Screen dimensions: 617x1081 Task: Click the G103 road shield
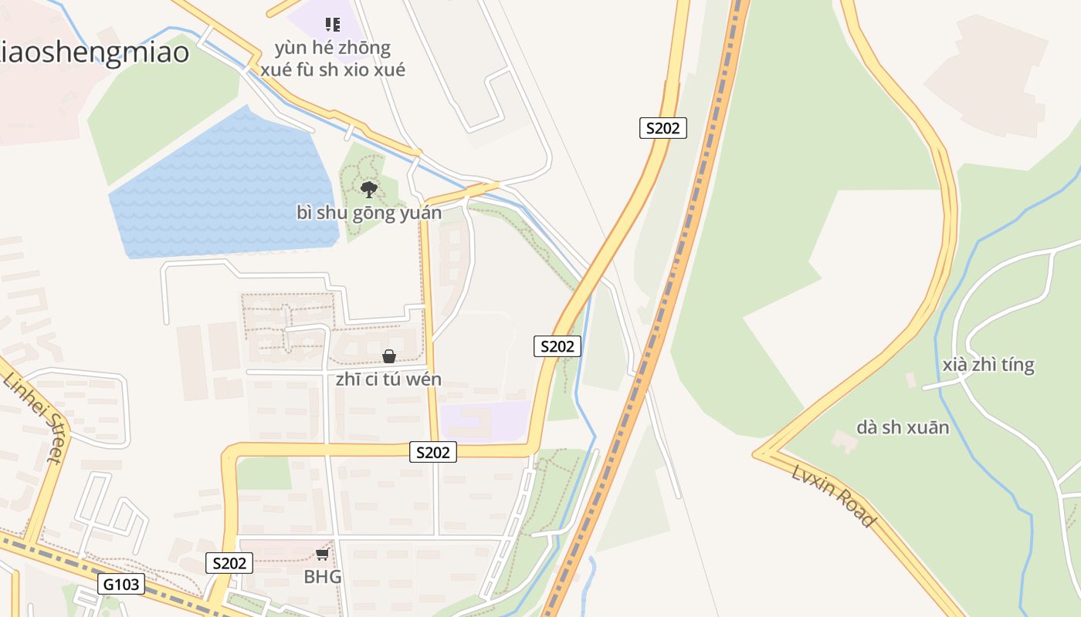[x=122, y=584]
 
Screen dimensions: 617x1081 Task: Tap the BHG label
[x=323, y=577]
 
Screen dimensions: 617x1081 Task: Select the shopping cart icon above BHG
[x=322, y=555]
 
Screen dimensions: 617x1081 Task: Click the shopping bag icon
[x=389, y=356]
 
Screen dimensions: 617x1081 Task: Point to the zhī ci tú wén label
[x=388, y=379]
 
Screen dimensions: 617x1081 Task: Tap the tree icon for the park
[x=369, y=189]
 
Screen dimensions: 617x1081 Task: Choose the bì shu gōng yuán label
[x=369, y=213]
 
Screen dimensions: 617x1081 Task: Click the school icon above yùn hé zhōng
[x=333, y=25]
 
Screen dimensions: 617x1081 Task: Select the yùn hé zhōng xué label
[x=332, y=59]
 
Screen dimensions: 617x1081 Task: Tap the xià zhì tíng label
[x=988, y=364]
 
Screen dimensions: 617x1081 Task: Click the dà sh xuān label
[x=902, y=427]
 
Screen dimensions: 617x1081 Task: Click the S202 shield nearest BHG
[x=229, y=563]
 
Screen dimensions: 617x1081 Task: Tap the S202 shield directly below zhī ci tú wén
[x=432, y=452]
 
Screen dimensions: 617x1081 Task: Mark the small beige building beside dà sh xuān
[x=845, y=440]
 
